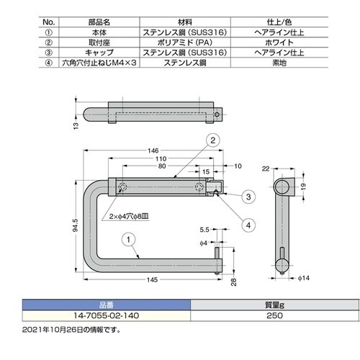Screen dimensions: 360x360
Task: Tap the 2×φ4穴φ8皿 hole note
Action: point(131,215)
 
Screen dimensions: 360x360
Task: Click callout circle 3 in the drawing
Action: point(248,196)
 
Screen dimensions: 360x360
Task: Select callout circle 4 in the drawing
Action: point(248,224)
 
